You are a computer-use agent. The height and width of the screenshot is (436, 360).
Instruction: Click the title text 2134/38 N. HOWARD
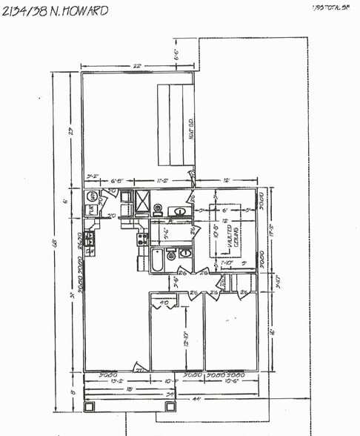[55, 11]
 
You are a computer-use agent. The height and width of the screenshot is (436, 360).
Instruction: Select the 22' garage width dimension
[138, 65]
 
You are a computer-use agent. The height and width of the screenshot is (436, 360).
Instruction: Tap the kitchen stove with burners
[141, 239]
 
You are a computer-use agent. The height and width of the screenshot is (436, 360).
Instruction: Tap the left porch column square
[90, 406]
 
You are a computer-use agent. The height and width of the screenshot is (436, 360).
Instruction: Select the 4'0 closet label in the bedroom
[164, 302]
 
